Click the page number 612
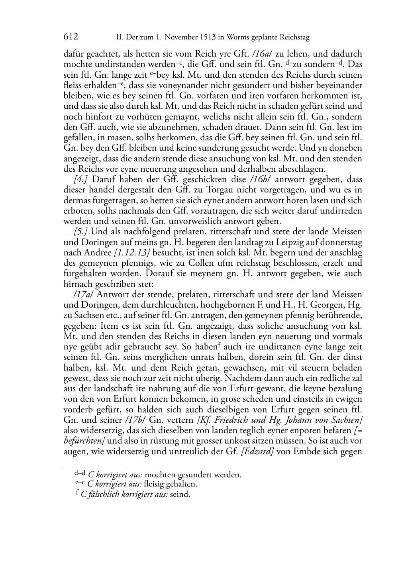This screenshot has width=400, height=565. [71, 37]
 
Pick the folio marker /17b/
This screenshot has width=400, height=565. [135, 420]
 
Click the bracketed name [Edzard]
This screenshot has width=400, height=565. [257, 451]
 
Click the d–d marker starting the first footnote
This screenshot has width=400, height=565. [79, 474]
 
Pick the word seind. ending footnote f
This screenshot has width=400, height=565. [180, 495]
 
